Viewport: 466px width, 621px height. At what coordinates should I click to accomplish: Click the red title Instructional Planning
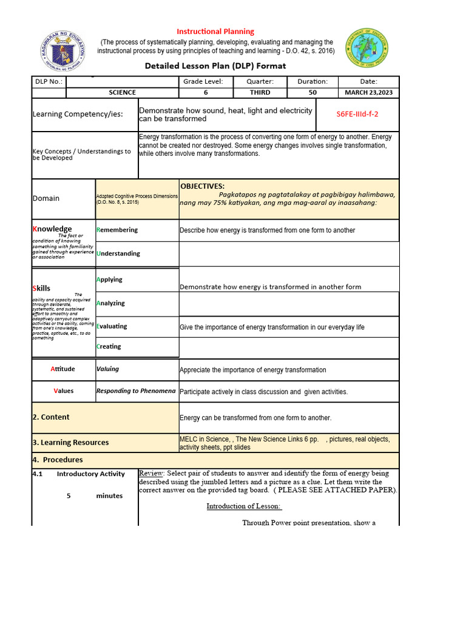[x=215, y=32]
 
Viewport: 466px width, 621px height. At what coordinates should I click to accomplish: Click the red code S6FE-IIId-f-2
[x=357, y=114]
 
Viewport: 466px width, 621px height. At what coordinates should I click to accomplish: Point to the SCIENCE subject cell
[x=122, y=92]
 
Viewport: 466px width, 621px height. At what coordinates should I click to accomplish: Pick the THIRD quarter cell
[x=260, y=92]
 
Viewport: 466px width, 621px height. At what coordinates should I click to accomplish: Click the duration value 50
[x=312, y=92]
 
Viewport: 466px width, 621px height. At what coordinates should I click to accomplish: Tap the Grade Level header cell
[x=203, y=81]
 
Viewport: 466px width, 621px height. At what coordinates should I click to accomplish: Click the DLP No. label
[x=48, y=81]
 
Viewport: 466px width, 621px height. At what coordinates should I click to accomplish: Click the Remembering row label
[x=117, y=230]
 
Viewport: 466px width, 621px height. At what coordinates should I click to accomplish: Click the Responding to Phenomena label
[x=136, y=391]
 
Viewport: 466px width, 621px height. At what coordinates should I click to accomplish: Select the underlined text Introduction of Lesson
[x=244, y=506]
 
